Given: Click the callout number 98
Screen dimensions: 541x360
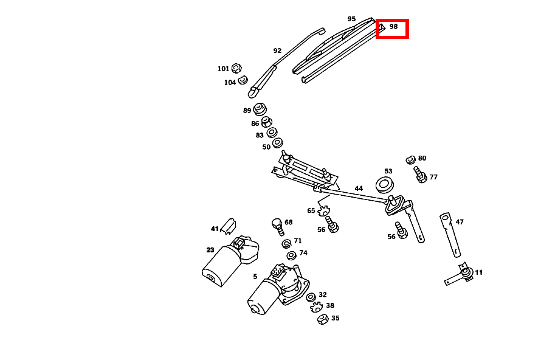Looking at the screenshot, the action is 394,27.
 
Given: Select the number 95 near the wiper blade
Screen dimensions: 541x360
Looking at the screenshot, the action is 351,19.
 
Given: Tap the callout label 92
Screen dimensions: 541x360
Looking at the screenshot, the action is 277,50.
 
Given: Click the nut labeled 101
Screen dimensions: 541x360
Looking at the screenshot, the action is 236,68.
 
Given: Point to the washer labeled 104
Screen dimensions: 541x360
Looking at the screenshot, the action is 243,80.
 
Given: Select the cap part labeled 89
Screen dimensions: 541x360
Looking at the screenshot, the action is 260,109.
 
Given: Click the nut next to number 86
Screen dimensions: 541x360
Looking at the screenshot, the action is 266,122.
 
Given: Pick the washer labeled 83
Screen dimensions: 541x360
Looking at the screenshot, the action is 272,132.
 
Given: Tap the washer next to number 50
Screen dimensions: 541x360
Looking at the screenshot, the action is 278,142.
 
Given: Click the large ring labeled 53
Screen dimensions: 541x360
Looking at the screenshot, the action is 384,185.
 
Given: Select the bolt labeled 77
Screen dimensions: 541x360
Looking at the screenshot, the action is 420,175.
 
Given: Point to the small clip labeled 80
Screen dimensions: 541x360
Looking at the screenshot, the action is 410,160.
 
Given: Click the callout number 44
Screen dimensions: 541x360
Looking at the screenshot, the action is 359,189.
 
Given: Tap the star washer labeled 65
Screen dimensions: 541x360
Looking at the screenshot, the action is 323,210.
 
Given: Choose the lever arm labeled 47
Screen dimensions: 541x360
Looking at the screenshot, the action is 450,235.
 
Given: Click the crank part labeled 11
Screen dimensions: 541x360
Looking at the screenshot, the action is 460,274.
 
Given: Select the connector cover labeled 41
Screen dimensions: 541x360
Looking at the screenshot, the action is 228,226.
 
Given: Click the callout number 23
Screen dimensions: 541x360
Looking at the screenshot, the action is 210,250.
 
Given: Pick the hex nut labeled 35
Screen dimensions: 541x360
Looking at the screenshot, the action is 323,319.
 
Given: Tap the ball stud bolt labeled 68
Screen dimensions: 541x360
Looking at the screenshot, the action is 277,226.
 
